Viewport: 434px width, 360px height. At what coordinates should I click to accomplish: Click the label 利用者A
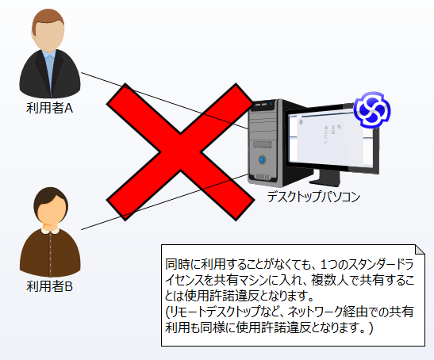click(x=49, y=108)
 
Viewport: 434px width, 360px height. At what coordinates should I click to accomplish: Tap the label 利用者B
click(x=49, y=285)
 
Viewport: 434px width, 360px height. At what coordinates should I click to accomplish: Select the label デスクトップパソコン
click(x=313, y=197)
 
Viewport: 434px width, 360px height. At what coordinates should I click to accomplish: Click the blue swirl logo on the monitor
click(x=372, y=109)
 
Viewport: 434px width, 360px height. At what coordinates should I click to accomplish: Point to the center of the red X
click(x=180, y=151)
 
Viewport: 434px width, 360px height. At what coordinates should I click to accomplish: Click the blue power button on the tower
click(x=262, y=159)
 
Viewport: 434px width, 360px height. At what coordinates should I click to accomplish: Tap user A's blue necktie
click(x=50, y=73)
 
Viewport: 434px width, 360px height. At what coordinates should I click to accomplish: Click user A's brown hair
click(x=48, y=18)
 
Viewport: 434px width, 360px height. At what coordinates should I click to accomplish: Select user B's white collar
click(x=50, y=231)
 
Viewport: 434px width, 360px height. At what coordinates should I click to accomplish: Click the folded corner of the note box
click(x=420, y=249)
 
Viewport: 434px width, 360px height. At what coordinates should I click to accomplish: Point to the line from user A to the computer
click(x=164, y=101)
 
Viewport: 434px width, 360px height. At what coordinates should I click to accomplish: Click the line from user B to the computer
click(x=164, y=201)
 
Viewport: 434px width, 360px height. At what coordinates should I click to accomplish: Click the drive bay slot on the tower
click(x=262, y=145)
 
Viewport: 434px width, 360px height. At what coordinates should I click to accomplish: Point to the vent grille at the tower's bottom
click(x=261, y=177)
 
